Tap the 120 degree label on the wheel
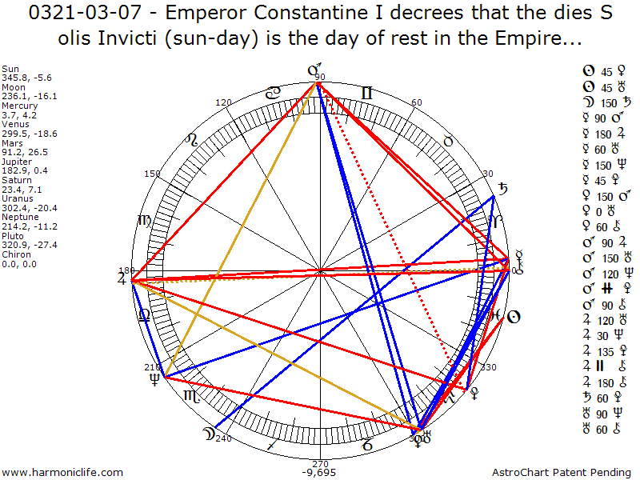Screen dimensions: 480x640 click(224, 103)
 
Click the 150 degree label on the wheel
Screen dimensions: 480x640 click(152, 174)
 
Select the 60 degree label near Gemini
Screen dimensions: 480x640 click(416, 103)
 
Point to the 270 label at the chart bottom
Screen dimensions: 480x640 click(320, 463)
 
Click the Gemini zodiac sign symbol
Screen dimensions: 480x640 click(367, 93)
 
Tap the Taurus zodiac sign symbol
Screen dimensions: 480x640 click(449, 141)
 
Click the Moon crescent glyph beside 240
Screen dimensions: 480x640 click(209, 434)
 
